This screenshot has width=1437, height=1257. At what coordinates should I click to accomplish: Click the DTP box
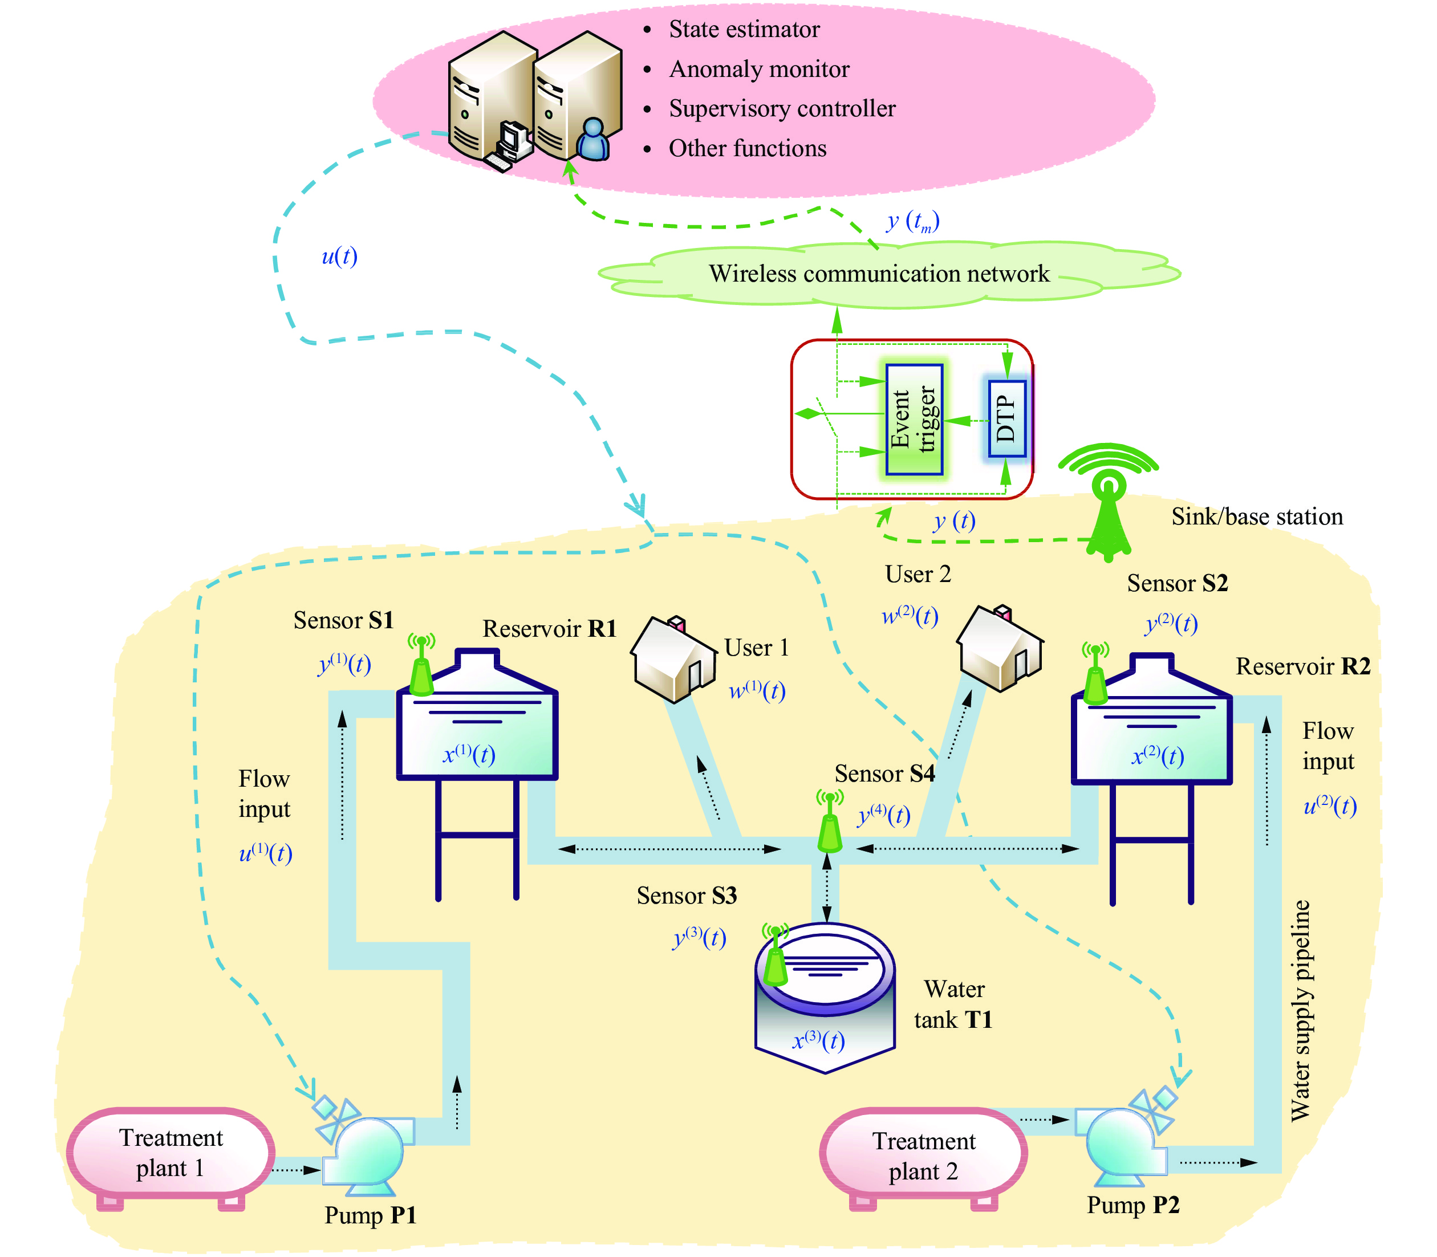pyautogui.click(x=1006, y=419)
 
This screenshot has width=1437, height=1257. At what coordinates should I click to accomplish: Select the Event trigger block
pyautogui.click(x=914, y=419)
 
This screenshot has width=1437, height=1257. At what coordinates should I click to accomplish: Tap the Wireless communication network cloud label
pyautogui.click(x=879, y=274)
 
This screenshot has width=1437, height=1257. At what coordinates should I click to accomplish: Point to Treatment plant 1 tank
pyautogui.click(x=171, y=1153)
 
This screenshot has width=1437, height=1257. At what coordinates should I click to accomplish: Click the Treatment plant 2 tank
pyautogui.click(x=923, y=1156)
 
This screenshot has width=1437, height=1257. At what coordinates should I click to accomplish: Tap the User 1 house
pyautogui.click(x=673, y=660)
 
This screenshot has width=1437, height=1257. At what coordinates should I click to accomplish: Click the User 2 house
pyautogui.click(x=1000, y=649)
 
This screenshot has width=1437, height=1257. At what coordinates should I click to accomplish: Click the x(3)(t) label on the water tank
pyautogui.click(x=818, y=1040)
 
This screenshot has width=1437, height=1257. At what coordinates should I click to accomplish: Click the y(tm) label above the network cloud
pyautogui.click(x=912, y=222)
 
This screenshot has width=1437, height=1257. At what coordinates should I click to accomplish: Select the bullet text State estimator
pyautogui.click(x=744, y=30)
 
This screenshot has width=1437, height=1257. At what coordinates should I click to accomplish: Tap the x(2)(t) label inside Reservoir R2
pyautogui.click(x=1157, y=756)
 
